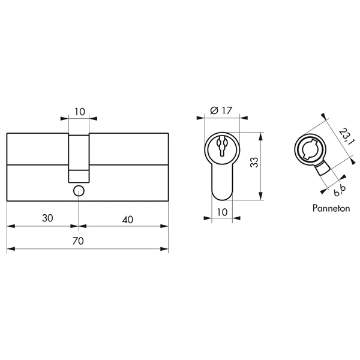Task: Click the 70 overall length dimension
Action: coord(78,241)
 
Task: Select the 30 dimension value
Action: coord(47,218)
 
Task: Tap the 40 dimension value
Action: coord(127,220)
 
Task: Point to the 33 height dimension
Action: coord(254,163)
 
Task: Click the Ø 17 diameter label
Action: coord(221,110)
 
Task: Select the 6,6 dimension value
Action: coord(340,190)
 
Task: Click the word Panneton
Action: coord(331,208)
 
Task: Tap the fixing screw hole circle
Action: coord(79,191)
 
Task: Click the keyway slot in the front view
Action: coord(222,146)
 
